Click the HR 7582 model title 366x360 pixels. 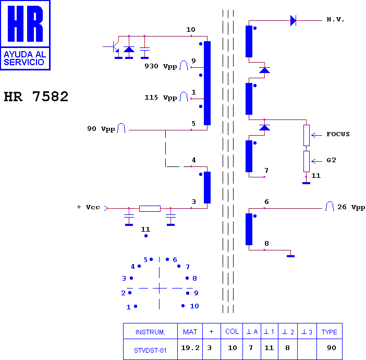point(36,97)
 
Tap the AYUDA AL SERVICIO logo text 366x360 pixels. point(25,58)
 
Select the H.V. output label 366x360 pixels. point(335,20)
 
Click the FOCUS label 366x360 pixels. point(338,134)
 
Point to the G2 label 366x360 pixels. point(331,160)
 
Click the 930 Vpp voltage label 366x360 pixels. point(161,66)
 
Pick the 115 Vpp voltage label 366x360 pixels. point(161,98)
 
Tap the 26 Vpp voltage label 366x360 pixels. point(351,207)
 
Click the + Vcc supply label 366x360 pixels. point(88,207)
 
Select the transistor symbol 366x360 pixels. point(114,47)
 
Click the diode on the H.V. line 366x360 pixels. point(293,20)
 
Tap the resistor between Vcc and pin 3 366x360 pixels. point(150,209)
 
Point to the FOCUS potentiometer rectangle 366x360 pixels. point(307,135)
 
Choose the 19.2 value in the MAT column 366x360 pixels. point(190,348)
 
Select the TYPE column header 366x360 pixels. point(330,332)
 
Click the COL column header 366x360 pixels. point(232,331)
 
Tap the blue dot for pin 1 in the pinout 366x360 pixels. point(136,306)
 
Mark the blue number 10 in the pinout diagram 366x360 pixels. point(194,306)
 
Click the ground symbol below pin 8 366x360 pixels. point(290,256)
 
